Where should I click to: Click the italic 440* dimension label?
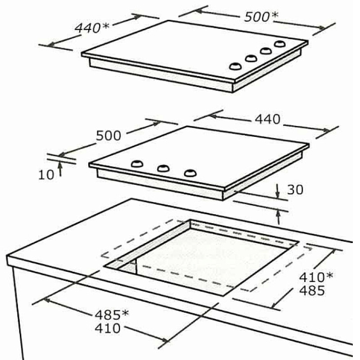[92, 28]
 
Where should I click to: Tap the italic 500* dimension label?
[261, 17]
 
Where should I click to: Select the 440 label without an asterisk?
[267, 119]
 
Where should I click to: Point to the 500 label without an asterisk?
[108, 135]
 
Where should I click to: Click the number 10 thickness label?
[46, 175]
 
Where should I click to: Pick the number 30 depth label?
[295, 189]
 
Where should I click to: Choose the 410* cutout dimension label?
[316, 277]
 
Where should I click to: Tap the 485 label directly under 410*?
[312, 290]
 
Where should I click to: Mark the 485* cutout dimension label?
[112, 315]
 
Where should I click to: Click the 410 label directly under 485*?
[108, 328]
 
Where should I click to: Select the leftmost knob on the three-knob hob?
[137, 164]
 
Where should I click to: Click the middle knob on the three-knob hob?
[163, 168]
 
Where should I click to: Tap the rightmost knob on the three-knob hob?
[190, 173]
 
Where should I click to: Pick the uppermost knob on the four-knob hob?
[280, 44]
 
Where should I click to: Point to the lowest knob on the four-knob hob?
[235, 66]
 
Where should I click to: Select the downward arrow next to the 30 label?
[278, 191]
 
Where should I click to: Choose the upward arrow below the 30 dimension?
[278, 217]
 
